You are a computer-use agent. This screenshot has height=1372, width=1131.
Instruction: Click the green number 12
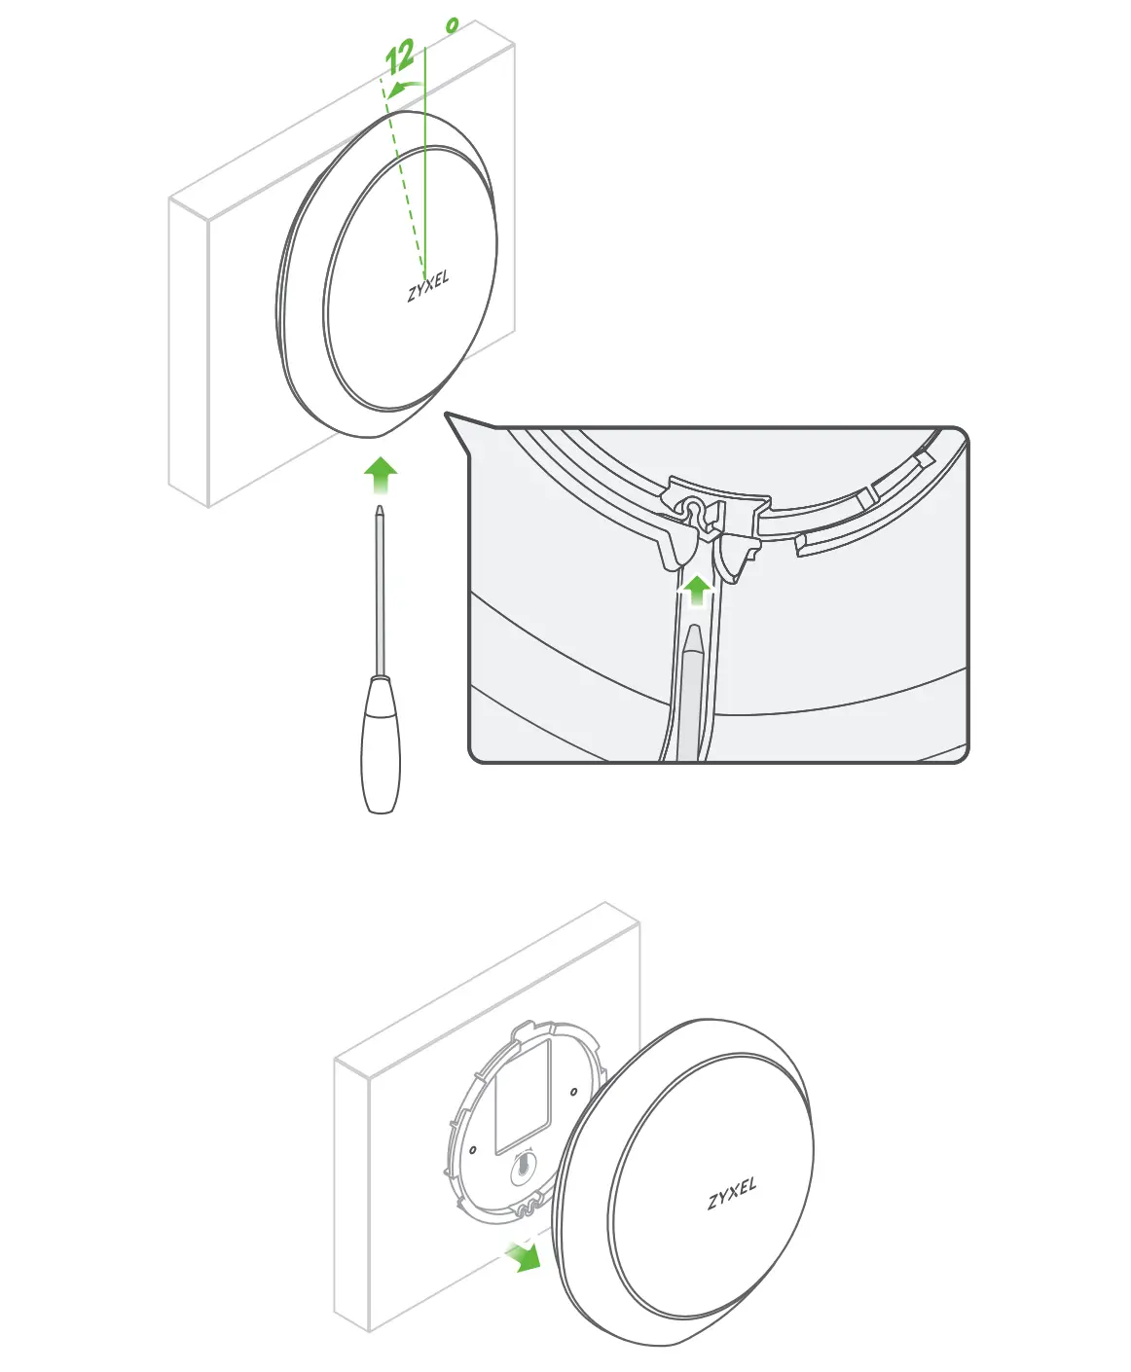click(x=400, y=57)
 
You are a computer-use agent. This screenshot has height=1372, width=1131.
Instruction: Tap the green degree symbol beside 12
click(x=452, y=26)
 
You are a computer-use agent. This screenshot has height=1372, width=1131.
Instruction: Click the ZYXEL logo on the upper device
click(x=428, y=286)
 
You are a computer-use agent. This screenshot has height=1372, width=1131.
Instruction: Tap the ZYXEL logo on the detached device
click(x=731, y=1194)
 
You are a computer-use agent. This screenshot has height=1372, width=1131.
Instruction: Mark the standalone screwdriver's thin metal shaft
click(x=380, y=594)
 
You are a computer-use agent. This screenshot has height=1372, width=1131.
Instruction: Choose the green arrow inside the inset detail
click(x=696, y=590)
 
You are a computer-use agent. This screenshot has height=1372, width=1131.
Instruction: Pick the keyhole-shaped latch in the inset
click(x=693, y=512)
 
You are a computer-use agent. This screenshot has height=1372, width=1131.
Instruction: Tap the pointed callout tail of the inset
click(x=458, y=424)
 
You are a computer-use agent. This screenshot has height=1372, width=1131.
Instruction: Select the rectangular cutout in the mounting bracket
click(x=524, y=1095)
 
